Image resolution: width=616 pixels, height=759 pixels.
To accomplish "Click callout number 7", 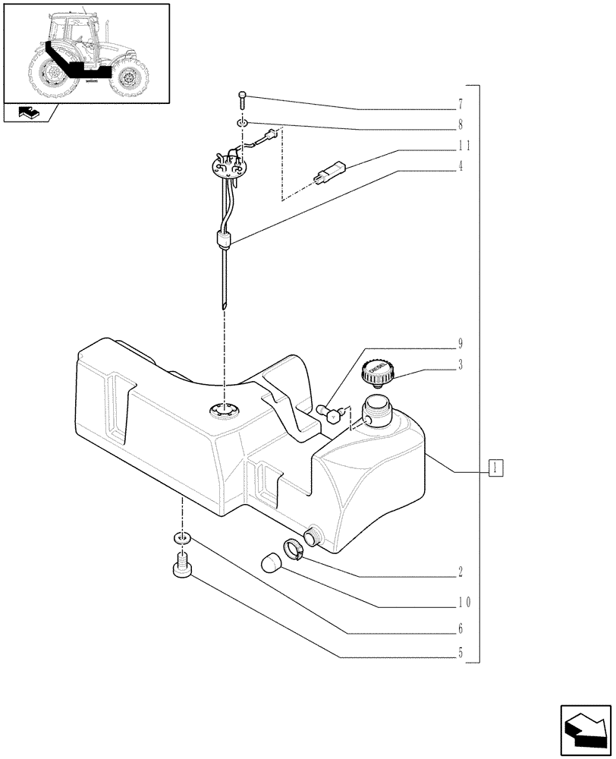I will click(x=460, y=102).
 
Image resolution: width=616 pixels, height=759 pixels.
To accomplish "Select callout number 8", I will click(x=460, y=124).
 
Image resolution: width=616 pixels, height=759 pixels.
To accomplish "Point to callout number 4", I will click(x=460, y=166).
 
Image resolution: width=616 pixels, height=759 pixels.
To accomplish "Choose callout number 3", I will click(x=460, y=365).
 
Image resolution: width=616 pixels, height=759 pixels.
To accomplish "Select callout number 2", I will click(x=460, y=571).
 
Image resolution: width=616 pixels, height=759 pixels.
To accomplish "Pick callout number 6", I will click(x=460, y=629).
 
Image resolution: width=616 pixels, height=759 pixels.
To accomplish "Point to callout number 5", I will click(x=460, y=651).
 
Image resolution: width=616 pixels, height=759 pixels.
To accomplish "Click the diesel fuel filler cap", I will click(x=376, y=373).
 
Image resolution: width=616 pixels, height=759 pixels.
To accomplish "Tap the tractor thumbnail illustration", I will click(x=86, y=53).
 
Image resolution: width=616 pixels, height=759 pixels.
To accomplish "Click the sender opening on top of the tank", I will click(x=225, y=411).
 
